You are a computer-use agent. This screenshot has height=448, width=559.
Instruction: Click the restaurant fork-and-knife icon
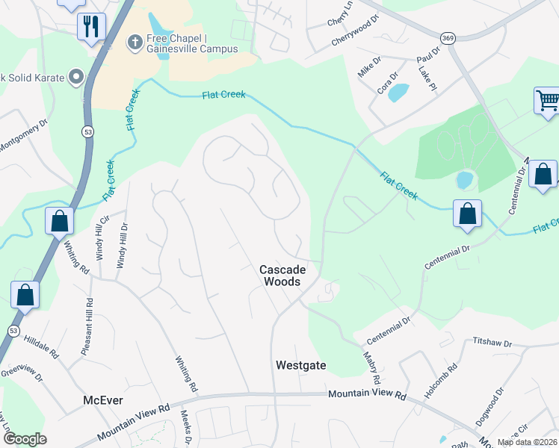(91, 26)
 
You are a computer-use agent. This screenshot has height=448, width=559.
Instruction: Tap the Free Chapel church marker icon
(135, 40)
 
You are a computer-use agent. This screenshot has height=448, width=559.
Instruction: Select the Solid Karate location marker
(75, 77)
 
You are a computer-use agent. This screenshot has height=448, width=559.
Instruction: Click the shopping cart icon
(547, 100)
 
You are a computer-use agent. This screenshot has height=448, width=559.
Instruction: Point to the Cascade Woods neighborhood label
(281, 276)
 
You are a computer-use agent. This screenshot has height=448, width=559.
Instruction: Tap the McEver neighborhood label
(103, 401)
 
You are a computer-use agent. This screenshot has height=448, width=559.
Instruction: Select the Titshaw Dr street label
(492, 343)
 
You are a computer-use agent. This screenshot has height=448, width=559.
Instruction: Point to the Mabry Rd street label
(374, 358)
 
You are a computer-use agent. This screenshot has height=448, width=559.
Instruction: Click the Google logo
(24, 439)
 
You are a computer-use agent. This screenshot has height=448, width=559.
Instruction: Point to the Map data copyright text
(526, 442)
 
